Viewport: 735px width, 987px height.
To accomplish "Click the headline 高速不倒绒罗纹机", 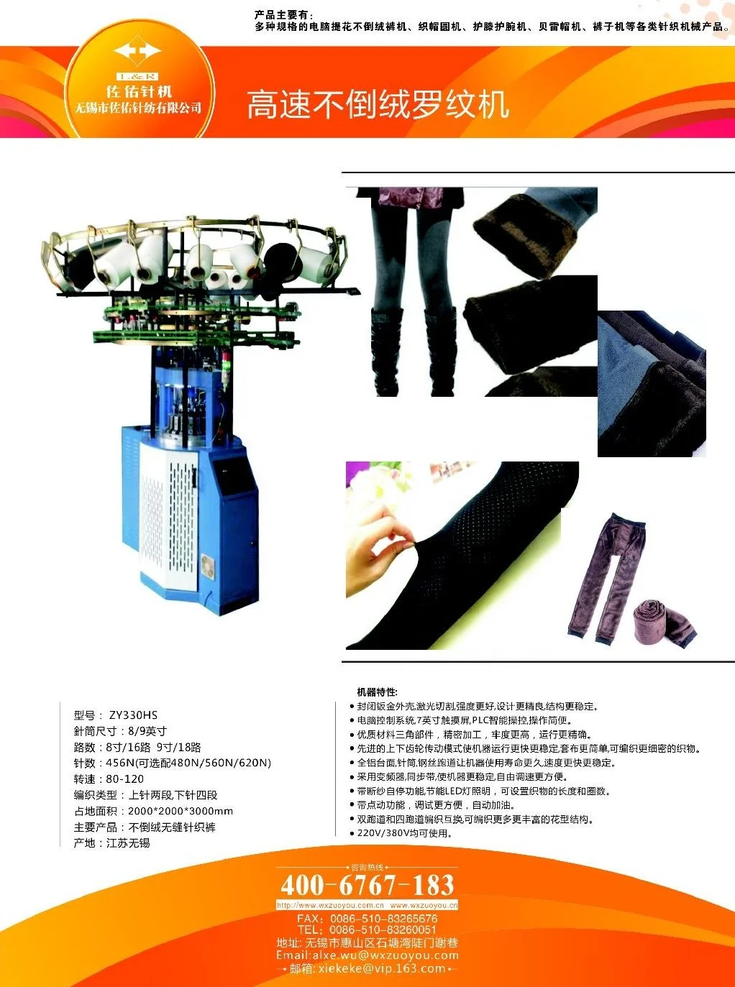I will (x=378, y=105).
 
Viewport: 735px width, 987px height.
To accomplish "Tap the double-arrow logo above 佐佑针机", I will (x=137, y=52).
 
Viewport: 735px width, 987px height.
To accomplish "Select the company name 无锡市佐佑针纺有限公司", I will (x=138, y=109).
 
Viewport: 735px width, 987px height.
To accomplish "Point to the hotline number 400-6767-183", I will (x=367, y=885).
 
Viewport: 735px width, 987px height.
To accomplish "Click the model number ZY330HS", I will (x=133, y=715).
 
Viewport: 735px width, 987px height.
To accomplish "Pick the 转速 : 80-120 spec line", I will (x=109, y=779).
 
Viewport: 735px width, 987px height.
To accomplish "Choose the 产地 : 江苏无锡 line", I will (x=111, y=843).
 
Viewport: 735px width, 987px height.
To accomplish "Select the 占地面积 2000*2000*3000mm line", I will (x=153, y=811).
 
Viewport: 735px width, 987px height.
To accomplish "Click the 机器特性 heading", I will (x=377, y=692).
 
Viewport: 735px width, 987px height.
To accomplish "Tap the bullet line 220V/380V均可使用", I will (x=404, y=833).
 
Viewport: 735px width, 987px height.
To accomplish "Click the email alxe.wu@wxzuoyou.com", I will (x=367, y=955).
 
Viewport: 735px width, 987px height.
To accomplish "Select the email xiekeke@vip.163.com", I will (x=367, y=968).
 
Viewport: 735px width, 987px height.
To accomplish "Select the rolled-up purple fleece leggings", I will (x=664, y=621).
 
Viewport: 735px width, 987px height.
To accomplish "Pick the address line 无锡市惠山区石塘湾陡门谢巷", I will (x=367, y=942).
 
